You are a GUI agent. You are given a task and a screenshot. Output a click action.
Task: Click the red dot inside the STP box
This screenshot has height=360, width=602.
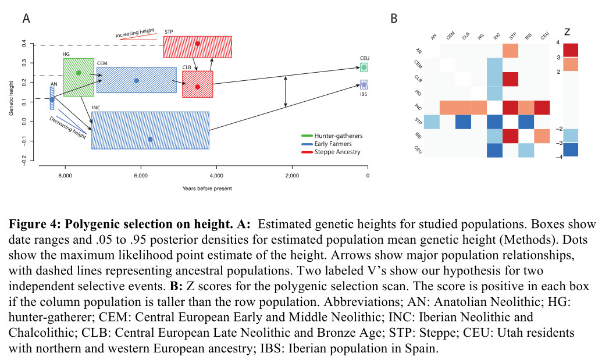tap(198, 44)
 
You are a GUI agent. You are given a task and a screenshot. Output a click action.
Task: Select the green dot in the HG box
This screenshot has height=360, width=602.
tap(79, 73)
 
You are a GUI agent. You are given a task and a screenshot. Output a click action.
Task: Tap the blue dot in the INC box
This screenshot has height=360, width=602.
tap(150, 139)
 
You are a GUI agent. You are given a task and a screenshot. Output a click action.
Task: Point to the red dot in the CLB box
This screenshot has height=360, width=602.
tap(198, 87)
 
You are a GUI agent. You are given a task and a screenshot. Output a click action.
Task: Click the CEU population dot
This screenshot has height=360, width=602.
tap(364, 67)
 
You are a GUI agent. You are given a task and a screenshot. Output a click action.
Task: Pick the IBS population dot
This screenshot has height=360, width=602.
tap(364, 84)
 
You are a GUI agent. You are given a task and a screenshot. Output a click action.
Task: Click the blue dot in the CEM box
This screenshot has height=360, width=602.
tap(137, 80)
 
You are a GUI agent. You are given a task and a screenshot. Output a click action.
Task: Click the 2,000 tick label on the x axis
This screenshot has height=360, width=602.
tap(291, 174)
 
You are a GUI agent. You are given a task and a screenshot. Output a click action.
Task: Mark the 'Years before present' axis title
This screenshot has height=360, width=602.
tap(206, 189)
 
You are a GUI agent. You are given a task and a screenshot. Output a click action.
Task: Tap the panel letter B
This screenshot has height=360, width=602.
tap(394, 19)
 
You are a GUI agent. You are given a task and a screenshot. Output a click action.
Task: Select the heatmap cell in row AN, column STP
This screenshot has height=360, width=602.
tap(510, 51)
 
